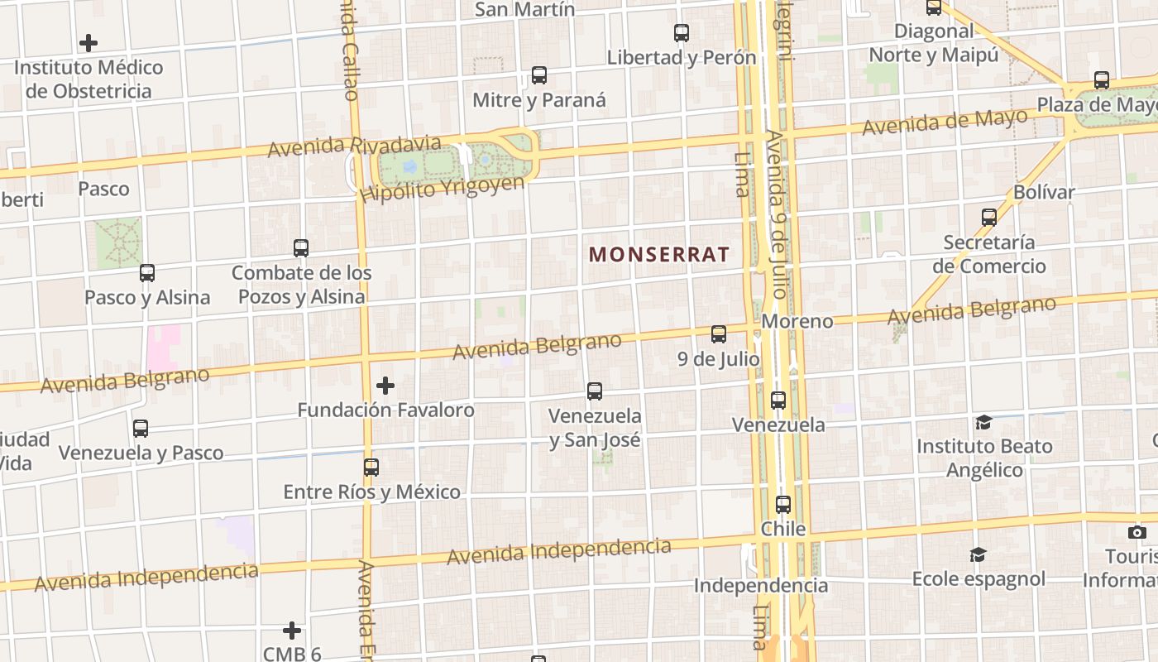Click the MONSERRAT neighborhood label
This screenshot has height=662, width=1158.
click(659, 254)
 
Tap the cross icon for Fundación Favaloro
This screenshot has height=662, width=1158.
click(385, 386)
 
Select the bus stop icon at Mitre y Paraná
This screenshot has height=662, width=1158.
click(539, 75)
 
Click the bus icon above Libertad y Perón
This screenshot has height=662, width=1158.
click(682, 33)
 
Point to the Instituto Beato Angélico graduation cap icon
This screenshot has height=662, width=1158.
click(983, 423)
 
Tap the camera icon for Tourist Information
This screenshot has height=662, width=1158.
click(1137, 532)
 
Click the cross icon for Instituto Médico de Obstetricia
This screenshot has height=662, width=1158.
click(89, 43)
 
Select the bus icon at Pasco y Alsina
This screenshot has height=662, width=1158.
click(147, 272)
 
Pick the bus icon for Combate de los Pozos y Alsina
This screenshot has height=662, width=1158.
click(301, 247)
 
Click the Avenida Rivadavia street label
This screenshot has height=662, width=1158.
click(333, 146)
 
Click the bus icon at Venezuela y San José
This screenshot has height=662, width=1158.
click(595, 391)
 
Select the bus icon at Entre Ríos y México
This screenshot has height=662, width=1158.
click(371, 468)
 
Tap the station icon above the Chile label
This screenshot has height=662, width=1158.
click(783, 504)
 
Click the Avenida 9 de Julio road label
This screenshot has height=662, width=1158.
click(778, 213)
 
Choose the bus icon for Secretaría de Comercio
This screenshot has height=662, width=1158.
click(989, 218)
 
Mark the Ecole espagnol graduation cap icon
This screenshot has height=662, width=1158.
click(979, 554)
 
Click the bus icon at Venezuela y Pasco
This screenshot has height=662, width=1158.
click(141, 429)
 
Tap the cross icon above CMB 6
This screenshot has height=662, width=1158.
click(292, 631)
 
